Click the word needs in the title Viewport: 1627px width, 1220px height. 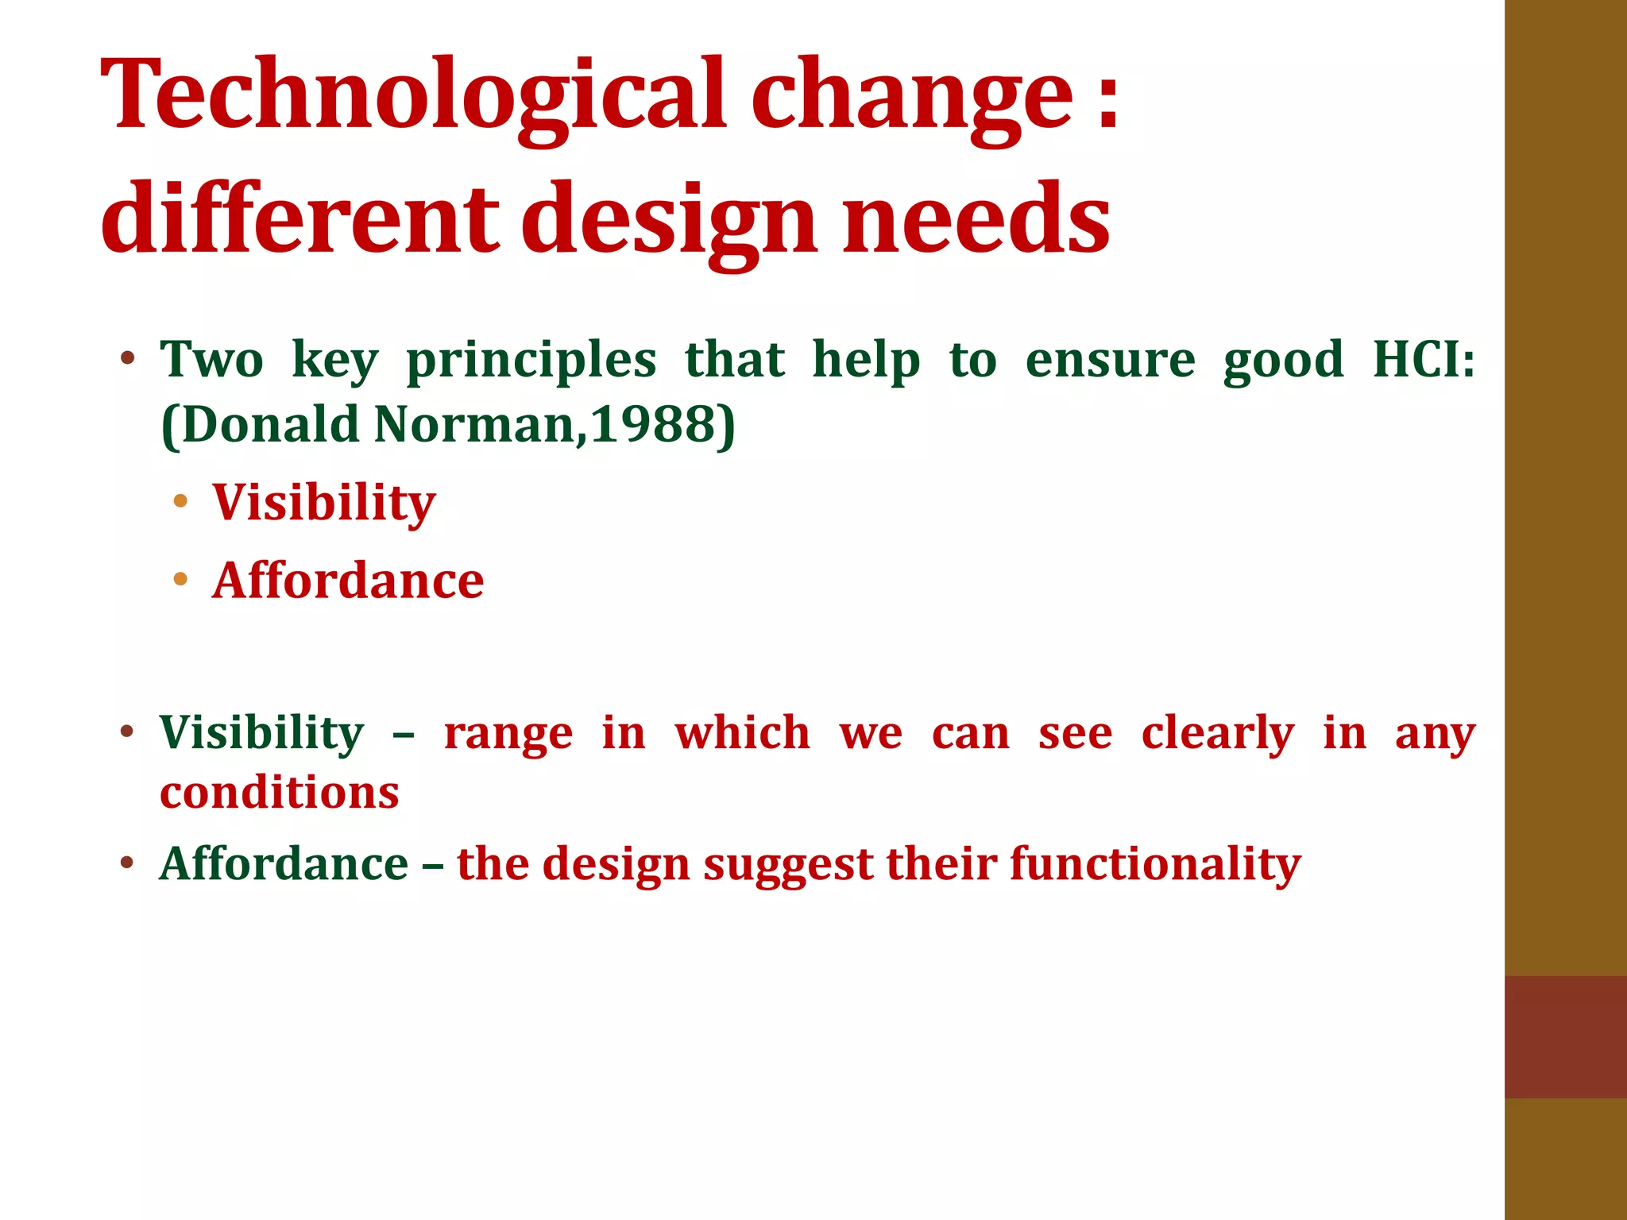976,218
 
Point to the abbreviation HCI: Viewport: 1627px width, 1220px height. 1424,359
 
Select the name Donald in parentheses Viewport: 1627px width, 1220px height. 270,424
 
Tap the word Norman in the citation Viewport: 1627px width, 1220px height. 474,424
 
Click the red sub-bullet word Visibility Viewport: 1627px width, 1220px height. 324,502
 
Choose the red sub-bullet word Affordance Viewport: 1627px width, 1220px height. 348,580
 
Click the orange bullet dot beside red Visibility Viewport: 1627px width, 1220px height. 180,500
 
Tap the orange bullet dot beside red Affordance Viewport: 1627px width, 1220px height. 180,579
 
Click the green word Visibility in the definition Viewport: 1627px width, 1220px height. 262,732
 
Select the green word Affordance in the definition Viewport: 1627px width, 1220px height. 284,863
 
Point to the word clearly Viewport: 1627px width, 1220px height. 1217,732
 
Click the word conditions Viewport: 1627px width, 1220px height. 280,793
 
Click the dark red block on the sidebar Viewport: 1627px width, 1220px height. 1565,1037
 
